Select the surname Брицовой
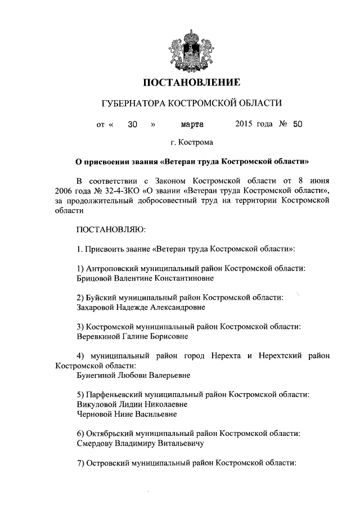pos(94,278)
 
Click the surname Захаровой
pos(96,307)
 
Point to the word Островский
pos(108,462)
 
